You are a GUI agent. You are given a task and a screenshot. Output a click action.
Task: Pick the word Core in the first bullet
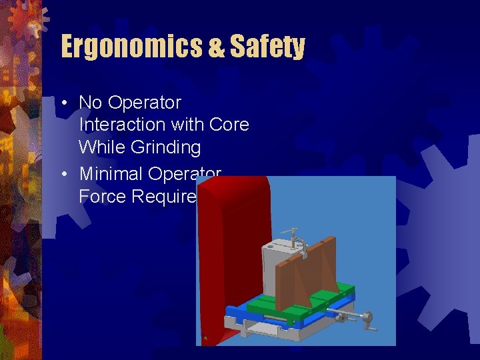[x=229, y=125]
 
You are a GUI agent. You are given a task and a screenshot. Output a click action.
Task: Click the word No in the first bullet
[x=91, y=103]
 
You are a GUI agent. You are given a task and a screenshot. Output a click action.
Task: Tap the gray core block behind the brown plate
[x=277, y=267]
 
